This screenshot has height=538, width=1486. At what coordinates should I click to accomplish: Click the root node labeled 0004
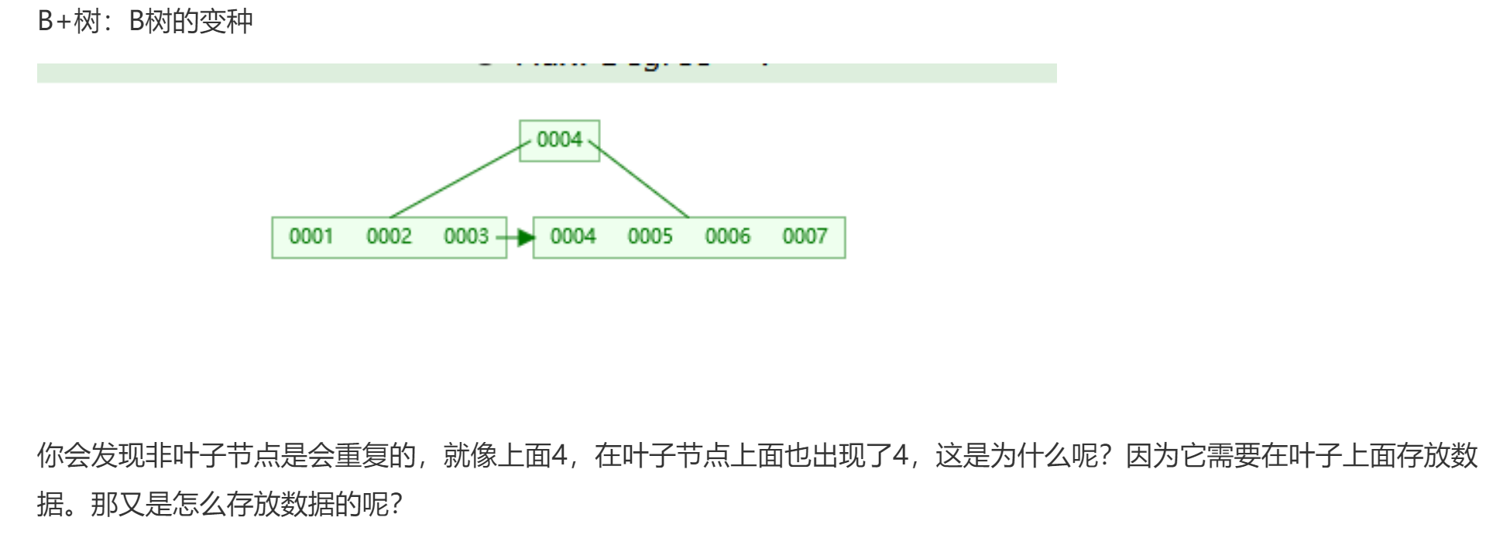[559, 140]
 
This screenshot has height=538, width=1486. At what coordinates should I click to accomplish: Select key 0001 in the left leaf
[311, 237]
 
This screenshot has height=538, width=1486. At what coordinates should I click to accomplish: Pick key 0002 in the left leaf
[389, 237]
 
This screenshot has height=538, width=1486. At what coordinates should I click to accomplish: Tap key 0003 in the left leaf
[465, 237]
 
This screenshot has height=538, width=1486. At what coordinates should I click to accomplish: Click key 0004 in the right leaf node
[573, 237]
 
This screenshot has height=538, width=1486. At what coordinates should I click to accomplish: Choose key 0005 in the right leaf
[650, 237]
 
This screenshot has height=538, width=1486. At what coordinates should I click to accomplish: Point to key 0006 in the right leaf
[728, 237]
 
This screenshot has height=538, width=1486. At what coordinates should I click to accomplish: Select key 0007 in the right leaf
[805, 237]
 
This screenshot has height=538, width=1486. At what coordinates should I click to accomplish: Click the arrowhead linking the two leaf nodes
[526, 238]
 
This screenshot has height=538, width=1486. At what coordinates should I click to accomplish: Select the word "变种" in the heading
[226, 22]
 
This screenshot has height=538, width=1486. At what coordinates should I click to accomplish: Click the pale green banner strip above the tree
[232, 73]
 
